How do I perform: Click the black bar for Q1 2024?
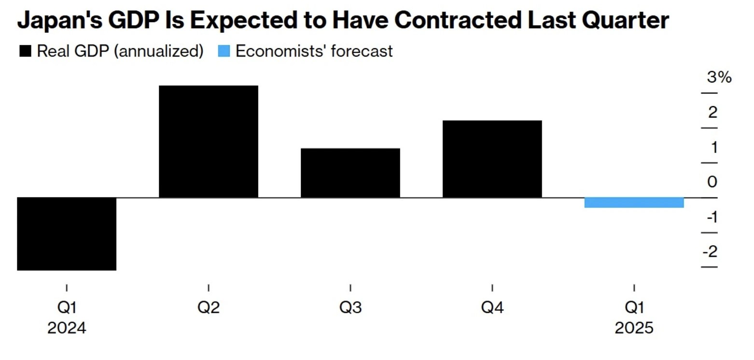[67, 234]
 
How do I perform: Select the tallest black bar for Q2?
[209, 141]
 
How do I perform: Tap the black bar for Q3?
[350, 173]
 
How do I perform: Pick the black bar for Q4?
[492, 159]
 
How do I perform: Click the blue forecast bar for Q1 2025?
[634, 203]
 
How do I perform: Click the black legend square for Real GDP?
[25, 51]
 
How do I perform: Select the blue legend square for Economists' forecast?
[223, 51]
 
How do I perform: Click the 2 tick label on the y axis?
[712, 112]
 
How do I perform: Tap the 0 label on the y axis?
[712, 182]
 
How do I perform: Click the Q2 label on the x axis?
[209, 307]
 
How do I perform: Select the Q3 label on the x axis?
[350, 307]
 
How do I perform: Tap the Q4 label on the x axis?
[492, 307]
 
